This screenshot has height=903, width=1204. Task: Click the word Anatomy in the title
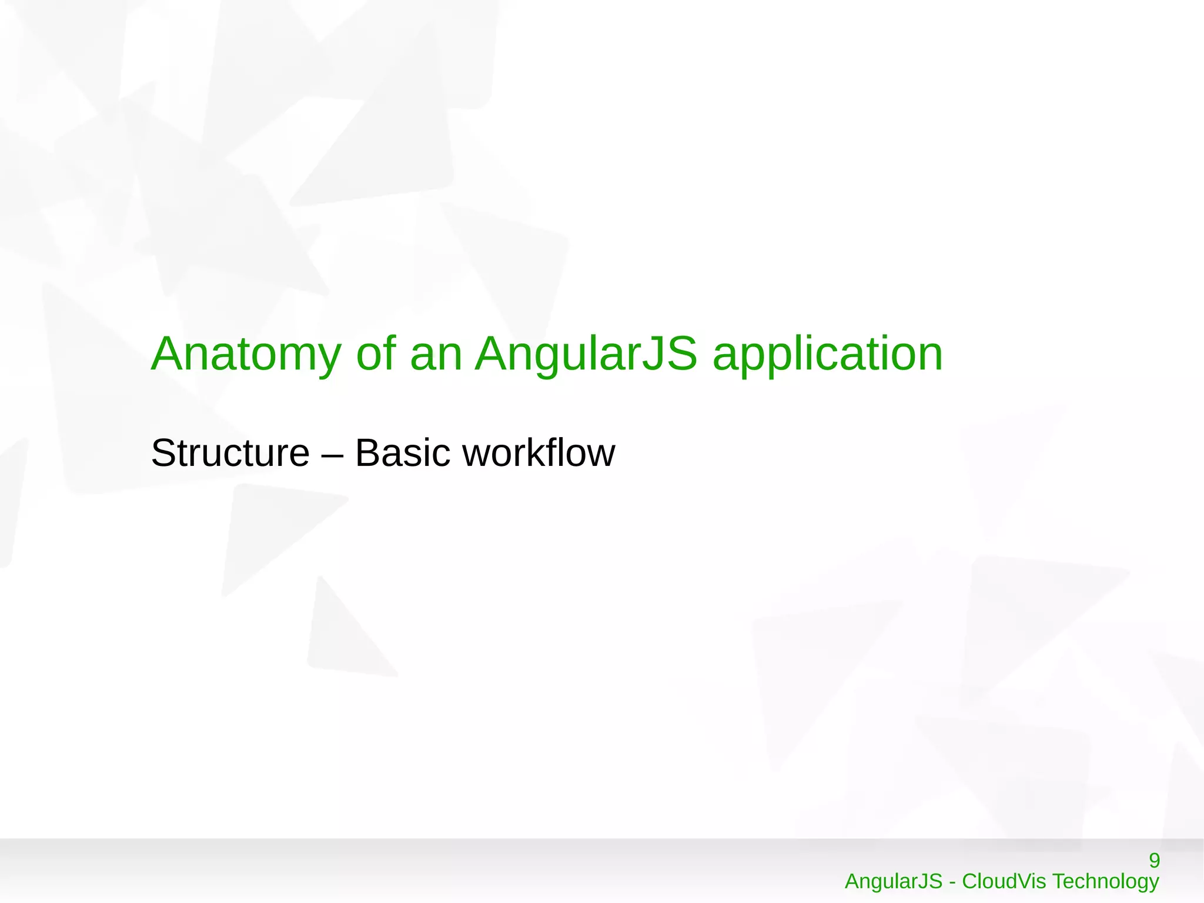pyautogui.click(x=246, y=354)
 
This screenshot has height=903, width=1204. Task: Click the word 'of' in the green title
pyautogui.click(x=375, y=354)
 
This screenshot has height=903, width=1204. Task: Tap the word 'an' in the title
pyautogui.click(x=436, y=354)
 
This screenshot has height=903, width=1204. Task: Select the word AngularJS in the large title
pyautogui.click(x=586, y=354)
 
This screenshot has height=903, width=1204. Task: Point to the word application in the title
pyautogui.click(x=827, y=354)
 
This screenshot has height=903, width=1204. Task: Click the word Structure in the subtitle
pyautogui.click(x=230, y=453)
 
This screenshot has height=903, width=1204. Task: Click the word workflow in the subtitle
pyautogui.click(x=539, y=453)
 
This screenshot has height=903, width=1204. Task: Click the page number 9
pyautogui.click(x=1154, y=861)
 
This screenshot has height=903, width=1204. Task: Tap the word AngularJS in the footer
pyautogui.click(x=893, y=881)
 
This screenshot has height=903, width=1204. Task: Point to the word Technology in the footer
pyautogui.click(x=1105, y=882)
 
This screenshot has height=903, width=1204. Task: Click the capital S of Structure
pyautogui.click(x=163, y=453)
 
